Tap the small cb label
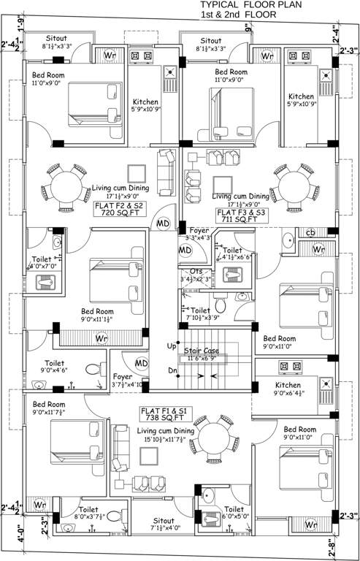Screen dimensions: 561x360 pos(310,233)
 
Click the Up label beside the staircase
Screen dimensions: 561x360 pos(172,346)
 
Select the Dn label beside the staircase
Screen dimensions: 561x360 pos(172,370)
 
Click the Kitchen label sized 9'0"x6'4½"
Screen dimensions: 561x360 pos(294,386)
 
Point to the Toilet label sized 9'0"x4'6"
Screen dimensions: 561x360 pos(55,363)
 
